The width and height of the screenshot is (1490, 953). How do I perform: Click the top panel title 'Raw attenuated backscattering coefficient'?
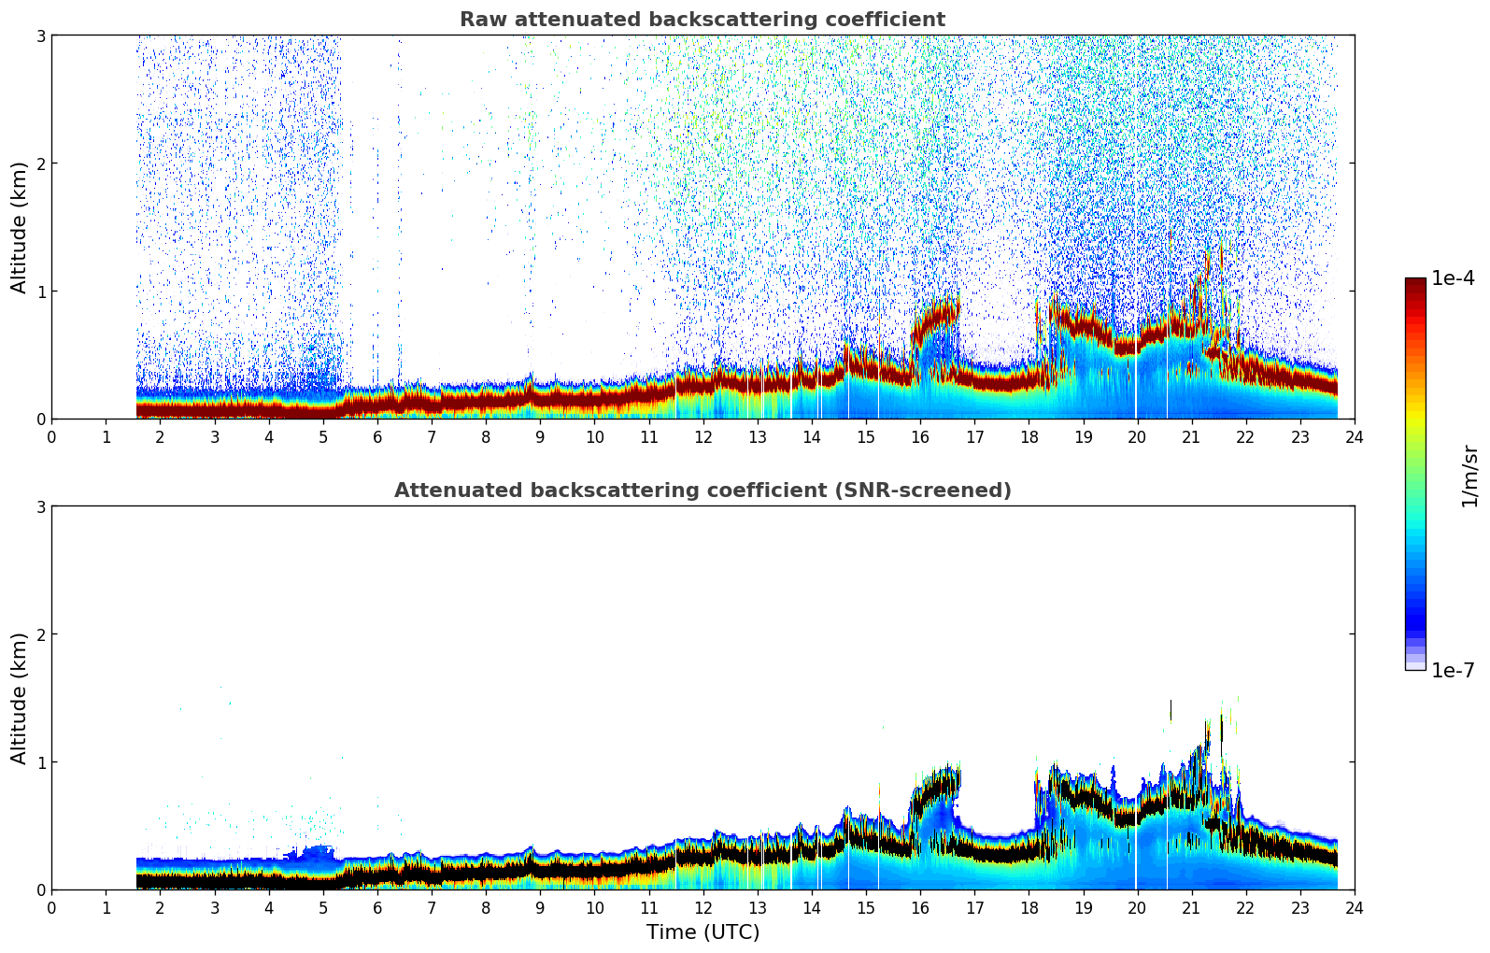[702, 20]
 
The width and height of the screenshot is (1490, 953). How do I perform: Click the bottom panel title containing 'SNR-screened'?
[702, 491]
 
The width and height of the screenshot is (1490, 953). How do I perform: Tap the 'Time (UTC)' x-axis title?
[702, 932]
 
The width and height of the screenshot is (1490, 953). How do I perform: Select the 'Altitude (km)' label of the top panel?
[20, 227]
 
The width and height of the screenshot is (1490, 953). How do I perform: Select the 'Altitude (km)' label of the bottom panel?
[20, 698]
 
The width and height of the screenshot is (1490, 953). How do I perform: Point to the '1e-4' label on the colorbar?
[1453, 278]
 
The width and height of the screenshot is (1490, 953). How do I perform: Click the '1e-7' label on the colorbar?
[1453, 670]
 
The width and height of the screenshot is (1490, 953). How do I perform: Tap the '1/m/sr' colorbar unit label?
[1469, 475]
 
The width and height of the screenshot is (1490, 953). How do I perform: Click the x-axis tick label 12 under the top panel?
[702, 436]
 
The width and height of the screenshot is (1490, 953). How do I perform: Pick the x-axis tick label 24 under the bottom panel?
[1355, 907]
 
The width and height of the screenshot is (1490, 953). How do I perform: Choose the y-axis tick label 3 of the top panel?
[41, 36]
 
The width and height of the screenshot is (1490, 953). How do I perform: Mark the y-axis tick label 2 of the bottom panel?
[41, 634]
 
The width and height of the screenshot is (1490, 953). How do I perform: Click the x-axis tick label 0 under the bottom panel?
[51, 907]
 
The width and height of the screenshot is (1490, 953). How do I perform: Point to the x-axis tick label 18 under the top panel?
[1029, 436]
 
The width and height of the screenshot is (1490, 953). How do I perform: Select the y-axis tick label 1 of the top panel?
[41, 292]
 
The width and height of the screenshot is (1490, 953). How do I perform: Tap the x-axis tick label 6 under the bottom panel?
[377, 907]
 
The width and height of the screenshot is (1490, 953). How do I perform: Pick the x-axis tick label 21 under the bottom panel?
[1191, 907]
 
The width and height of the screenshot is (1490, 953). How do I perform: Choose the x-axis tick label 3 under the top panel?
[215, 436]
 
